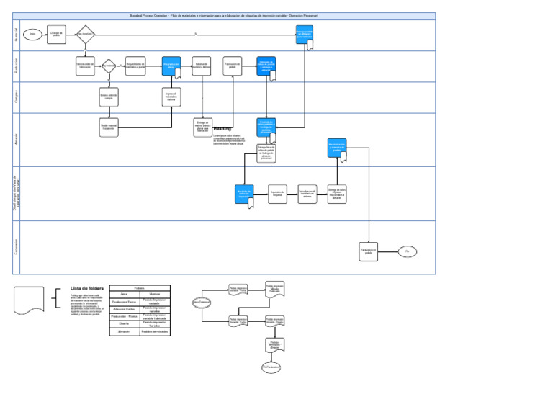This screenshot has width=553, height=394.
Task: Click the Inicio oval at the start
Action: point(32,34)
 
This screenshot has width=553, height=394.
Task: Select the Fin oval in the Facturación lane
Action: point(407,251)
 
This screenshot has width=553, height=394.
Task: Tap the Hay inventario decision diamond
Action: point(85,34)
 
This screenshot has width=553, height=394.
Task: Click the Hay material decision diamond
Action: point(109,66)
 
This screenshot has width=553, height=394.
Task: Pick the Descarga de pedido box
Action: point(56,34)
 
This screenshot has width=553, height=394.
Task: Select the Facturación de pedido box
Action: point(368,251)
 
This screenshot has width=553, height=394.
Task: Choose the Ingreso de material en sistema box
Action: point(171,97)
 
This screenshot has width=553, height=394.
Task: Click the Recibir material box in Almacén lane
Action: point(109,128)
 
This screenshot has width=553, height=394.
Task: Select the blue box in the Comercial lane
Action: point(304,34)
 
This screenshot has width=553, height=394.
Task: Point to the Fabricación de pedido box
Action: point(232,66)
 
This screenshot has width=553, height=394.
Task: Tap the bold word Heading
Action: point(222,129)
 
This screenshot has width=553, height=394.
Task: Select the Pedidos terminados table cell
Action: point(155,332)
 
